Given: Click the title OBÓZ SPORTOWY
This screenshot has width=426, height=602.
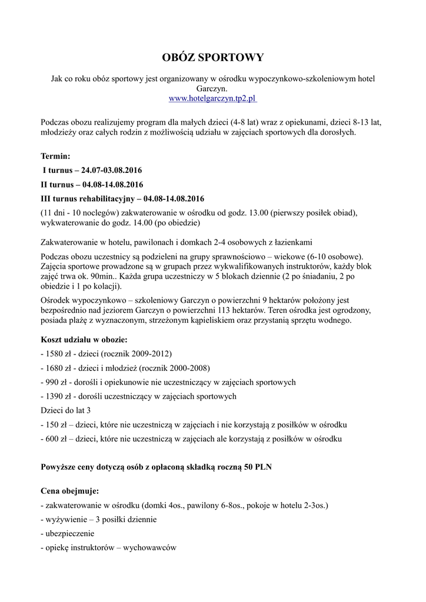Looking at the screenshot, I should pos(213,58).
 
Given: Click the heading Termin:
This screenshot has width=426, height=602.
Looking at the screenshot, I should pos(55,156).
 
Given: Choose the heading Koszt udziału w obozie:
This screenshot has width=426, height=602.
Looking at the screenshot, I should pos(84,340).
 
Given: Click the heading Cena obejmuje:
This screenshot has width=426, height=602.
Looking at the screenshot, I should pos(69,491).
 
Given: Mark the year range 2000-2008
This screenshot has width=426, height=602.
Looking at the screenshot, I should pos(188,368).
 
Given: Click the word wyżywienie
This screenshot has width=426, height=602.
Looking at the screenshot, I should pos(65,520).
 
